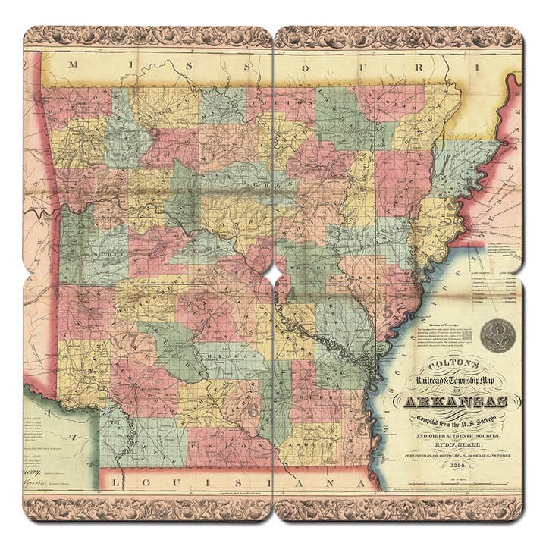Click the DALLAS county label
point(227,354)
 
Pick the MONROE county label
point(356,278)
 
